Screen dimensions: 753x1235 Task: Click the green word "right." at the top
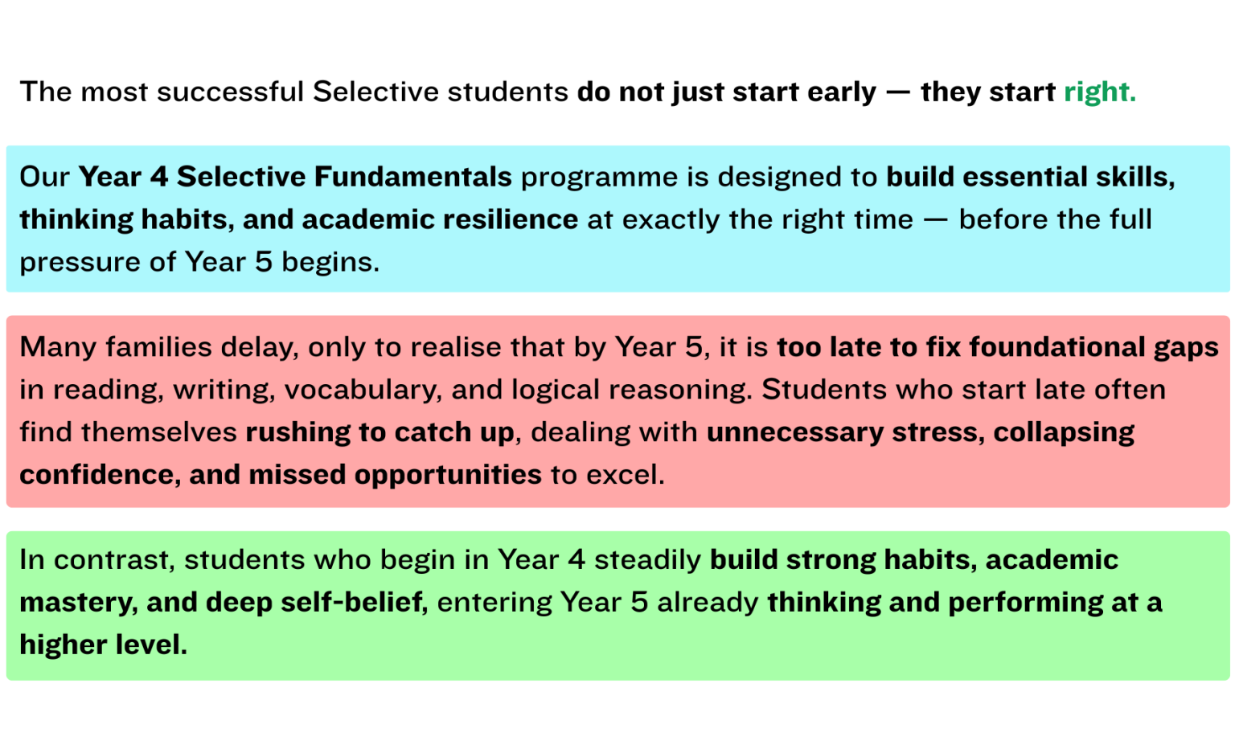[1099, 92]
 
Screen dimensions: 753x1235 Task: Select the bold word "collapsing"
[1064, 432]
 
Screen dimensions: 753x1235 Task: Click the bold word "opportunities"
[448, 475]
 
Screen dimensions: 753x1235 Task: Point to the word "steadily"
[647, 559]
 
